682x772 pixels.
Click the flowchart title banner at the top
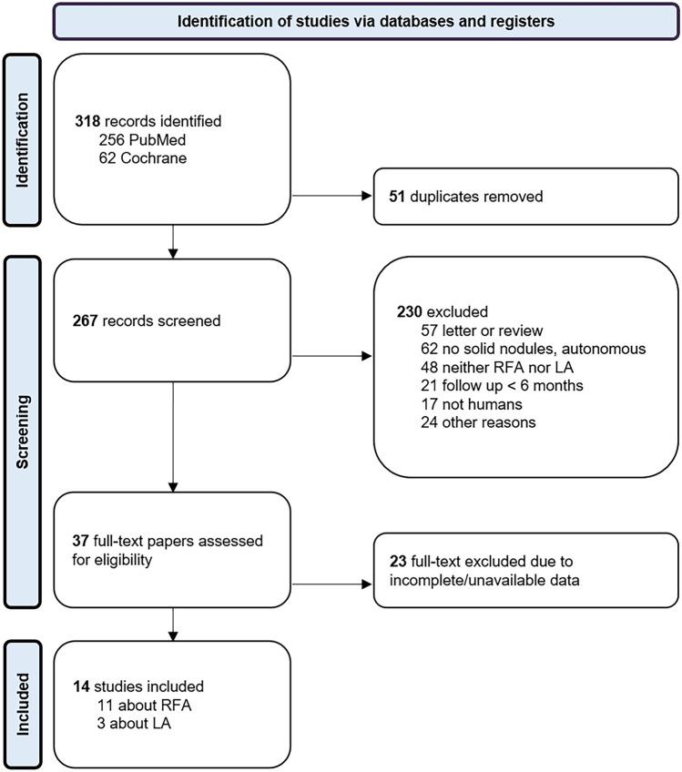click(x=364, y=21)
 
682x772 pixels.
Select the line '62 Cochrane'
click(x=142, y=156)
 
